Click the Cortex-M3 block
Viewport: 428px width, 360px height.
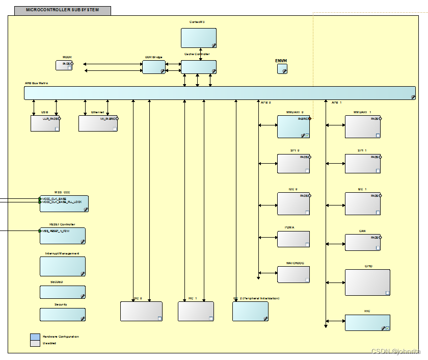click(199, 38)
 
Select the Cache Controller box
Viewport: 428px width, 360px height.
click(199, 67)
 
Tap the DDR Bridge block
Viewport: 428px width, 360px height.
click(154, 67)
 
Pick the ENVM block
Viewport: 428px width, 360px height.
click(282, 69)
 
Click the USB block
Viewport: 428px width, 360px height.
click(45, 124)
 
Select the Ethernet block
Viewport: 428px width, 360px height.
click(98, 124)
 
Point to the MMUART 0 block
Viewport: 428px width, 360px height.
click(293, 126)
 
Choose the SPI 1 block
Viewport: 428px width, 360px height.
click(363, 164)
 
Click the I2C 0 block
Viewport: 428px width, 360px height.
click(293, 203)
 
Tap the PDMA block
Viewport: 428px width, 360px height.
click(293, 239)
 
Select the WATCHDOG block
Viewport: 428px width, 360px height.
click(293, 274)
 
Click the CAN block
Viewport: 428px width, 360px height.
click(363, 242)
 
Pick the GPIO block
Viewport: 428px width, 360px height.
click(367, 282)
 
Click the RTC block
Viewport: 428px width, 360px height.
click(367, 323)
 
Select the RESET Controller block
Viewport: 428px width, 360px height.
click(63, 236)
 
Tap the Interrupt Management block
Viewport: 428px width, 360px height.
click(63, 266)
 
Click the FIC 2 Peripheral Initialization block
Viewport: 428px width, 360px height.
click(250, 312)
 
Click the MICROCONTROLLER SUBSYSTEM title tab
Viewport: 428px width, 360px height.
click(63, 10)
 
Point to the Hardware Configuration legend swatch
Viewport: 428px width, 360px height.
click(35, 337)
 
